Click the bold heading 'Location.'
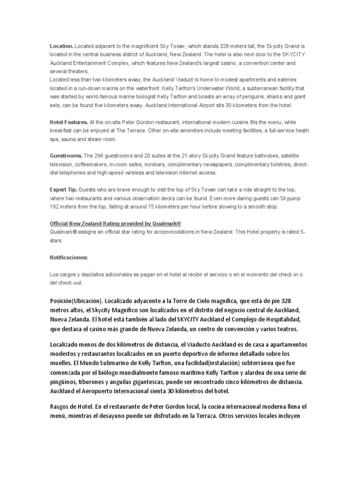tap(61, 46)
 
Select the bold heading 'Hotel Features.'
tap(69, 122)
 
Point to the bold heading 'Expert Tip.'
tap(63, 190)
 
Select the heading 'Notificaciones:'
tap(68, 258)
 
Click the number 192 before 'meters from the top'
tap(56, 207)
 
